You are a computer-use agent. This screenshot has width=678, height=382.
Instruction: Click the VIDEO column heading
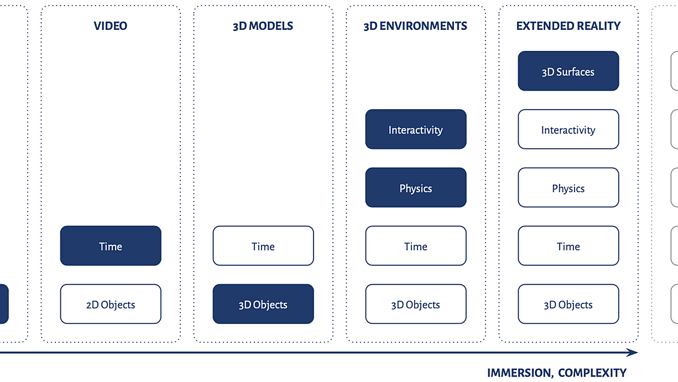[111, 26]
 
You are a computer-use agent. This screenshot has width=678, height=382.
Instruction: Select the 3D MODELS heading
[263, 26]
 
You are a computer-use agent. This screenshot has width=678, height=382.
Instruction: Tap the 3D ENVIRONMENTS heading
[415, 26]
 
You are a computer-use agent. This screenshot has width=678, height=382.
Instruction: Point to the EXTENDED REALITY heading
[569, 26]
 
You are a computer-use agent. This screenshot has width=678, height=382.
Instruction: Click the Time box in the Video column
[111, 246]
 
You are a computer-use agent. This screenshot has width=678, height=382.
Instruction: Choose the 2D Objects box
[111, 304]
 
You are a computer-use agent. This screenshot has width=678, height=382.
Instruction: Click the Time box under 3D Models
[263, 246]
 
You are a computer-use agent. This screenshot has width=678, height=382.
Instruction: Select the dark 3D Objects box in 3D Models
[263, 304]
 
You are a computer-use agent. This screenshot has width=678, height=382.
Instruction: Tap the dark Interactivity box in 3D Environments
[416, 129]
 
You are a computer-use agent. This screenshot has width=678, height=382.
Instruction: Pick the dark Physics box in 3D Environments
[416, 188]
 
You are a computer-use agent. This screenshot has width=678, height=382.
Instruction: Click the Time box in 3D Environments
[416, 246]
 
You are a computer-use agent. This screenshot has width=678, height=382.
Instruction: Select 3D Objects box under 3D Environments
[416, 304]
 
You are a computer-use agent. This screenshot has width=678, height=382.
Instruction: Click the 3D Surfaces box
[569, 71]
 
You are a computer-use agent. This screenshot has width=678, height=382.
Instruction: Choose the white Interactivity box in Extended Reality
[569, 129]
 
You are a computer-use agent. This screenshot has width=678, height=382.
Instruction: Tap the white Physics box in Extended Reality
[569, 188]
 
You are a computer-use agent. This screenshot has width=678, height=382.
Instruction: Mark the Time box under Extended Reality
[569, 246]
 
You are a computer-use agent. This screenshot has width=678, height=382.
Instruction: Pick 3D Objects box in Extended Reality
[569, 304]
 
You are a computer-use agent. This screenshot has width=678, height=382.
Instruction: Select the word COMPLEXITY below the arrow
[592, 373]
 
